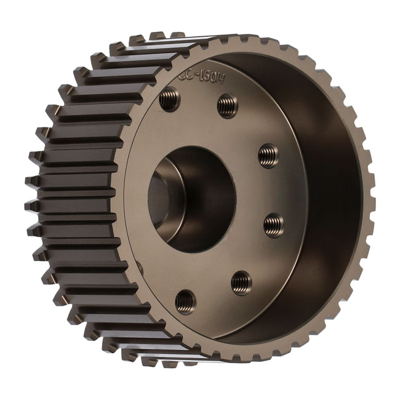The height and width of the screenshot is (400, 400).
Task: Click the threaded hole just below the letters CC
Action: [169, 99]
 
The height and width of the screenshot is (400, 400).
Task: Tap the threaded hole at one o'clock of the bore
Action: [227, 105]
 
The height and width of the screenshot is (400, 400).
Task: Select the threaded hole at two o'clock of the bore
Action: [268, 155]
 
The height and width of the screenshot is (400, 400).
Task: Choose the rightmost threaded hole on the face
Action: [274, 225]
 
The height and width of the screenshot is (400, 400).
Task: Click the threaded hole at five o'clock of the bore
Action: [241, 282]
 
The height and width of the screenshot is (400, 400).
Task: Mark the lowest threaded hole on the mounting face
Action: [185, 302]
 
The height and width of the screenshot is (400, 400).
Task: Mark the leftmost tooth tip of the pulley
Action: [29, 182]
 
